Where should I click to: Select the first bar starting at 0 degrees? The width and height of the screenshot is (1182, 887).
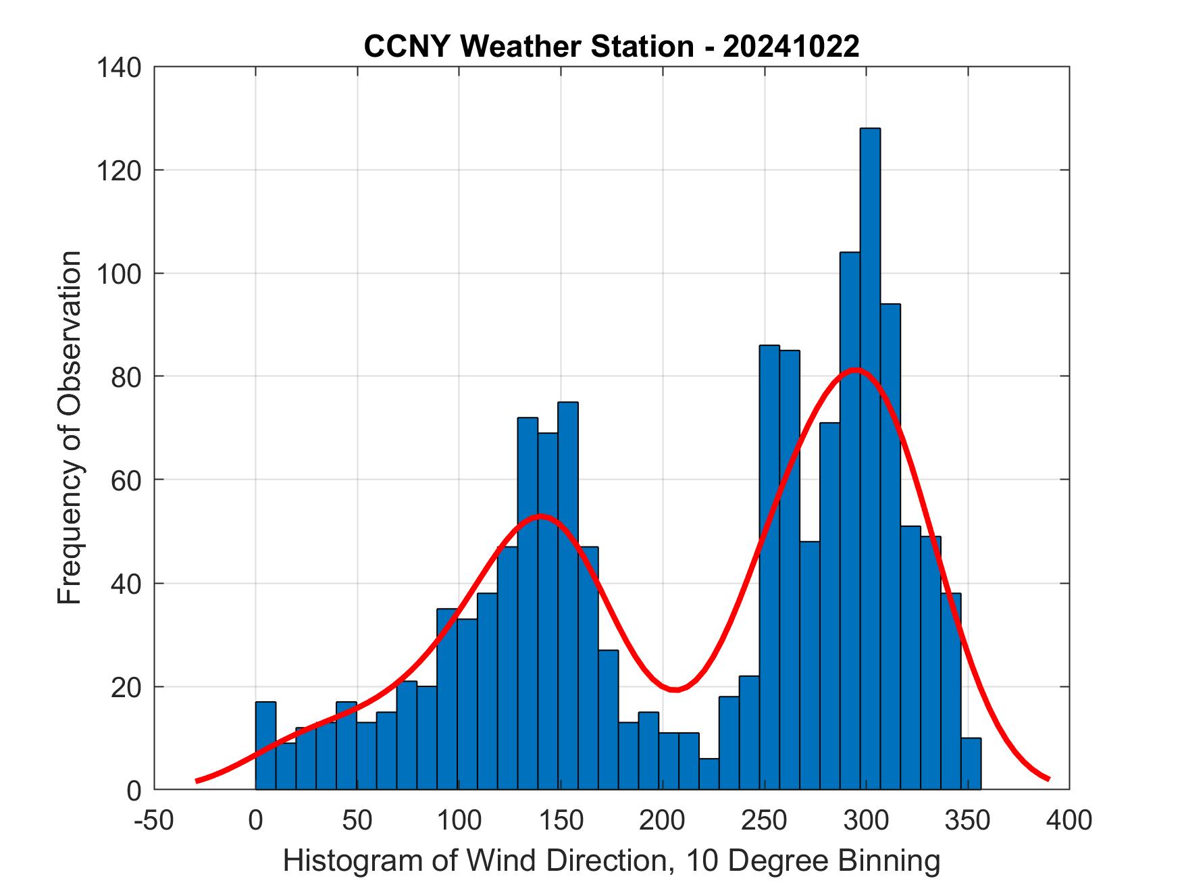(265, 746)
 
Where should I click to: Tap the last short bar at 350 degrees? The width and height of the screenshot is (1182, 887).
(971, 764)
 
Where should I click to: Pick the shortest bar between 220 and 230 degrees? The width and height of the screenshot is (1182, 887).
(709, 774)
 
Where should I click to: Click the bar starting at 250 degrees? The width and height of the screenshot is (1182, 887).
(769, 567)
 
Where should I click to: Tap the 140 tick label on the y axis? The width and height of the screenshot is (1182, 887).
(118, 68)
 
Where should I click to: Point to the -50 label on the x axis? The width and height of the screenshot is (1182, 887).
(154, 820)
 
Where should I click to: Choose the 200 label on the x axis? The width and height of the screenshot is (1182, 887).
(663, 820)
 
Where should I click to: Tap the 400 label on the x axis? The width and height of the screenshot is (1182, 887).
(1069, 820)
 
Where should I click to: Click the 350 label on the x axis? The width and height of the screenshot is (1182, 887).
(968, 820)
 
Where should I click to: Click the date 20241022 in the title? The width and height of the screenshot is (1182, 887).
(791, 47)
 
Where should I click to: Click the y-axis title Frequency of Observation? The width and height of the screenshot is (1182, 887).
(70, 428)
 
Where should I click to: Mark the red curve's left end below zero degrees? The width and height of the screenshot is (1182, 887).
(197, 780)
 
